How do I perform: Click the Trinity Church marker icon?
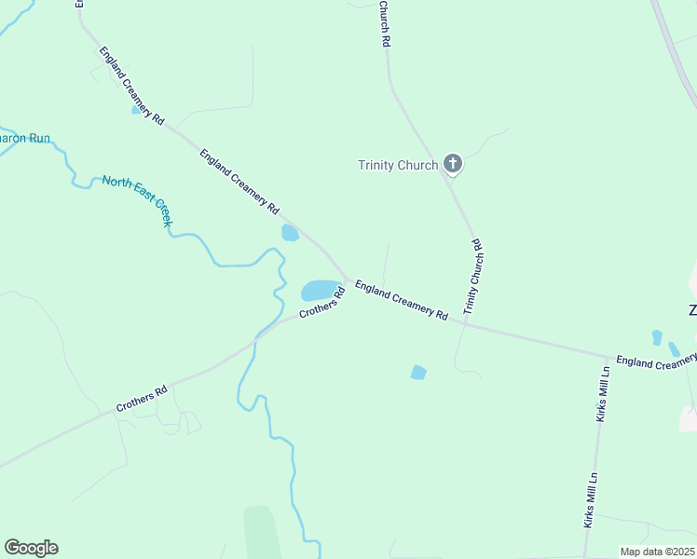453,164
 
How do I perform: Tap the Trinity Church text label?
398,166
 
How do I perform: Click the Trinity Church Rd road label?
473,276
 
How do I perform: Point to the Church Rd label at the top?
384,23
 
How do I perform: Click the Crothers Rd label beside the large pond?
322,303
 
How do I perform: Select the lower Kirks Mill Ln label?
590,501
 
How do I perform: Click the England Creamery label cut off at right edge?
656,361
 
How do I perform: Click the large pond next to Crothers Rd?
320,290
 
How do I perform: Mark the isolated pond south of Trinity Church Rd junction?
418,373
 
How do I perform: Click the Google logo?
31,548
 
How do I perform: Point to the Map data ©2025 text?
657,552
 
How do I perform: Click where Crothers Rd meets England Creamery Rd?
348,279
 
